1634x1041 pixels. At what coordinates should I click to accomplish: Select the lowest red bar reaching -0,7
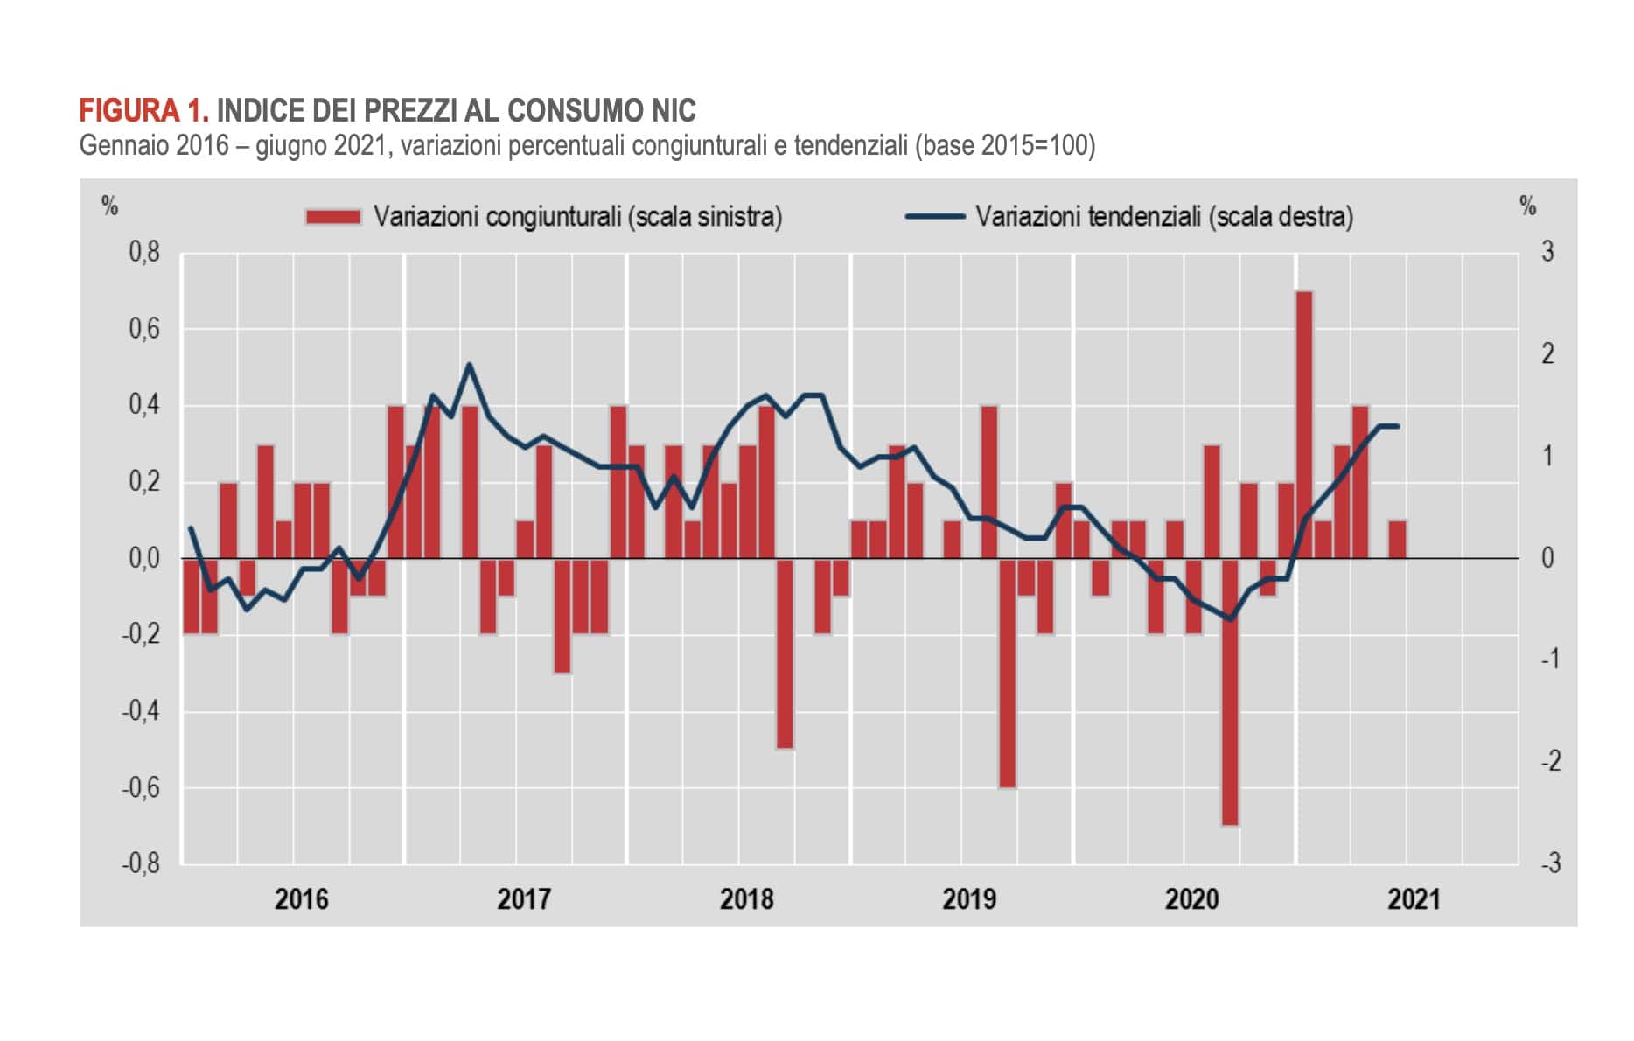1230,691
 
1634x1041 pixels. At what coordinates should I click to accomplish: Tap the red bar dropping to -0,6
1008,674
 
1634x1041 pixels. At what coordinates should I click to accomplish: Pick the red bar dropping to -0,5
785,653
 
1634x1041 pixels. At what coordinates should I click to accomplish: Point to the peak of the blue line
469,365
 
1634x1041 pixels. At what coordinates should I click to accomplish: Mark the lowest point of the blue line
1231,619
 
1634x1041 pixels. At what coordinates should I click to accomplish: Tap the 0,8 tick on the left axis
144,253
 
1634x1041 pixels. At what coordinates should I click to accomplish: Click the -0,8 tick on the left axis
141,863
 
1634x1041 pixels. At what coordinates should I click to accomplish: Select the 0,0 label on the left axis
144,558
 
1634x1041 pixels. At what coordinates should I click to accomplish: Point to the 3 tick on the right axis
1547,253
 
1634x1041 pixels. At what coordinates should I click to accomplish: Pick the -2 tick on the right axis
1549,761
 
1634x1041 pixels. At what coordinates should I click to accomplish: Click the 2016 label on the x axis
301,898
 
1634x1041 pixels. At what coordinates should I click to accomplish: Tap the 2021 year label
1414,898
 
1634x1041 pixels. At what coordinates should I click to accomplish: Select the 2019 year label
968,898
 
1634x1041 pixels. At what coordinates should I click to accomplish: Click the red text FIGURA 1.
144,111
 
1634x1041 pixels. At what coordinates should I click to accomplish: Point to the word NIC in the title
674,111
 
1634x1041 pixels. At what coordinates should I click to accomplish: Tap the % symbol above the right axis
1528,206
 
